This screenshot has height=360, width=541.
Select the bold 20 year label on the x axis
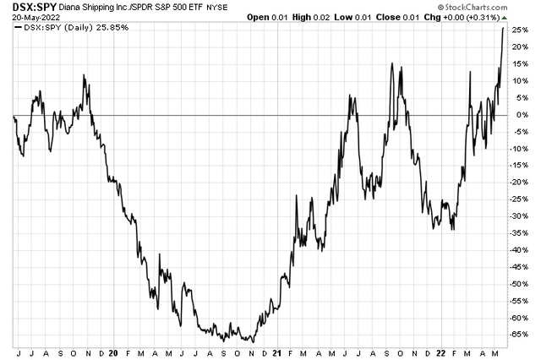point(113,349)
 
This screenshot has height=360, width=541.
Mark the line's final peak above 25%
point(504,28)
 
